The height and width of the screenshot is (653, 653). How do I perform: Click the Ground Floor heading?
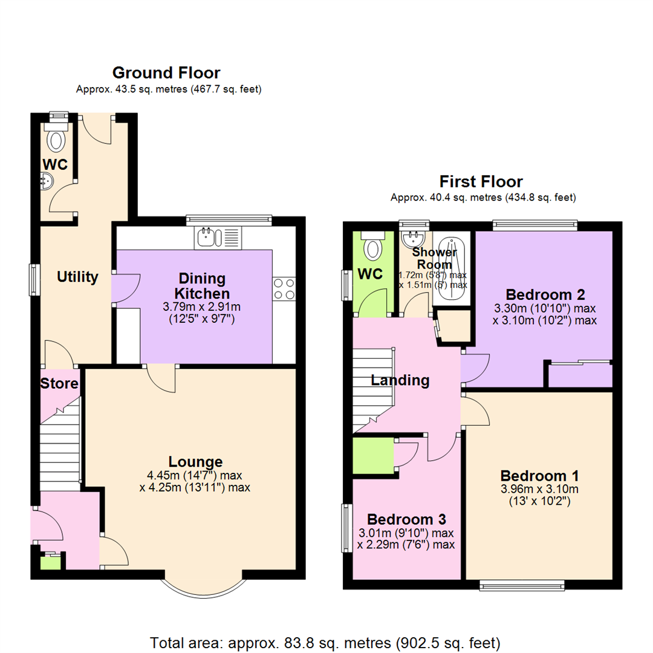click(166, 73)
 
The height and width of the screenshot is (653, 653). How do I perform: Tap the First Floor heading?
click(481, 181)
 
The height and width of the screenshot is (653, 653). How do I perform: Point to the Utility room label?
click(77, 277)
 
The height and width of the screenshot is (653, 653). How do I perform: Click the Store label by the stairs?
click(59, 383)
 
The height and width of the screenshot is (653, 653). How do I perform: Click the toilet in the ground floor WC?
click(57, 140)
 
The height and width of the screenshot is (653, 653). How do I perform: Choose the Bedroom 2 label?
click(545, 294)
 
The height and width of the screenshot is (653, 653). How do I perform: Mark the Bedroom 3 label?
click(406, 519)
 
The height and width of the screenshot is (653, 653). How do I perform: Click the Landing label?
click(400, 380)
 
